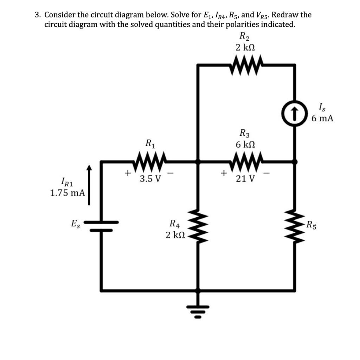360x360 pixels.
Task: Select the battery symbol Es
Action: coord(102,226)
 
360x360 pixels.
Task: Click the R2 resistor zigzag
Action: coord(246,66)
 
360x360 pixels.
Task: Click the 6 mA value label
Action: coord(322,118)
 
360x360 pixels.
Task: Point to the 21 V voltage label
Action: coord(245,179)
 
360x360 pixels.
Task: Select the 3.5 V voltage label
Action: coord(150,179)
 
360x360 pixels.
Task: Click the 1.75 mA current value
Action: coord(67,193)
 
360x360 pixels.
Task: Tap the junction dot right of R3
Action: coord(295,162)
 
